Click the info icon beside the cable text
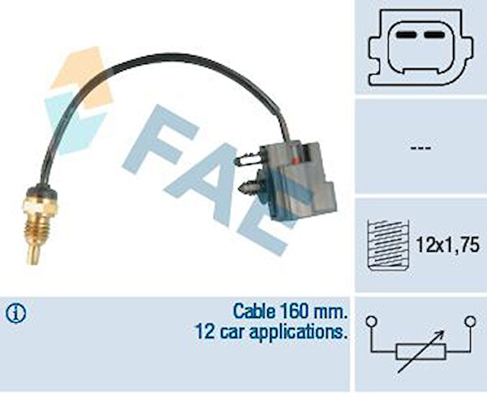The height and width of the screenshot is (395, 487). [16, 313]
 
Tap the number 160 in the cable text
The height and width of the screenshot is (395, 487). [294, 311]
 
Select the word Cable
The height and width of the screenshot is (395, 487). [254, 311]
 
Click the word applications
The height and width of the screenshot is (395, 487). [298, 332]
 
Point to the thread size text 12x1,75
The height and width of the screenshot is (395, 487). [447, 245]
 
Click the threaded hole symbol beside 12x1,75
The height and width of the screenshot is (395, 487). [388, 245]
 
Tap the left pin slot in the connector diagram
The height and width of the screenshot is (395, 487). [405, 35]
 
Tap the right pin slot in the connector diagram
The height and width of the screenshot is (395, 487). [435, 35]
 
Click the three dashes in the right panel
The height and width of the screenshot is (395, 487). [420, 148]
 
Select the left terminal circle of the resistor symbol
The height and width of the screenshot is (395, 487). [371, 321]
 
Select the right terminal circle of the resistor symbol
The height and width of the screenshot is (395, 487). [471, 321]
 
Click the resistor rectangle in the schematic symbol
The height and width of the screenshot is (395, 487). [420, 351]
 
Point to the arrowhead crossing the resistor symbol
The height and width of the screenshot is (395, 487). [441, 334]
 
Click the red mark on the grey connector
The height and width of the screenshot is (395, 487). [295, 161]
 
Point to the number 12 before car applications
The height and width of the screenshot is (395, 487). [205, 332]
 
